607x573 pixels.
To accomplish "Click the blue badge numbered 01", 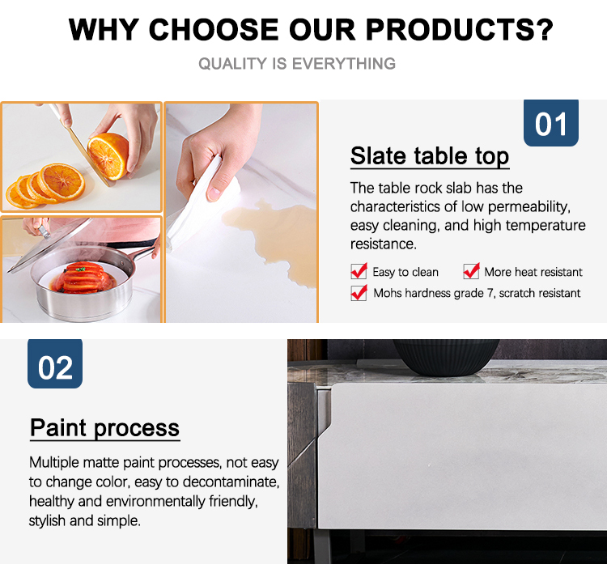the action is point(551,123).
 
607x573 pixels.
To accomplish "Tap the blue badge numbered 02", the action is point(55,363).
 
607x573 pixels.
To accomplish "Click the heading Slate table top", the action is point(430,156).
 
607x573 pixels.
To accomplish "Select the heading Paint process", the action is point(105,428).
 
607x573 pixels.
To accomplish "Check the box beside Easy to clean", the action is point(359,271).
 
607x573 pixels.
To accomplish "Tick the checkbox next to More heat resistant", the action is point(471,271).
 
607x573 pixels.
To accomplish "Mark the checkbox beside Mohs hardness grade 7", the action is point(359,293).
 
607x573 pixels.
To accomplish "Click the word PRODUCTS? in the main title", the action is point(460,29).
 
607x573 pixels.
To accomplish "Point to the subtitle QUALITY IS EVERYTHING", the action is point(297,63).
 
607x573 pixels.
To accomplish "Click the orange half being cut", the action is point(108,156).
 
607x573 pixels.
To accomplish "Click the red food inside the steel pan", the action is point(83,278).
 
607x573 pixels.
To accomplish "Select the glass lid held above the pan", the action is point(50,244).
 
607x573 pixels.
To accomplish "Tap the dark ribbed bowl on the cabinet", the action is point(446,357).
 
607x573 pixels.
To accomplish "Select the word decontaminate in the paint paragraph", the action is point(231,482).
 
